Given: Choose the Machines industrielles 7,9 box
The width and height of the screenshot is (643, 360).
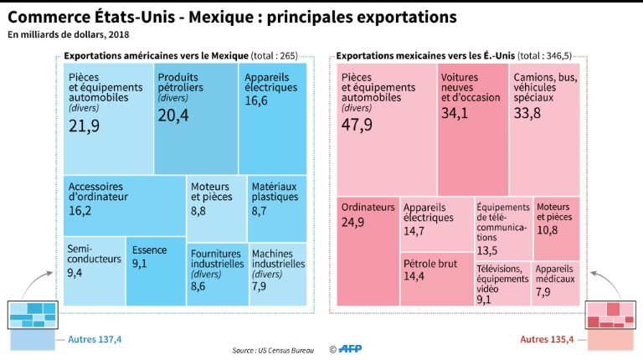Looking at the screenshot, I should pos(277,274).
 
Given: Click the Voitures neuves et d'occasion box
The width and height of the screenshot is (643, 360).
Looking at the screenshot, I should pos(472,126).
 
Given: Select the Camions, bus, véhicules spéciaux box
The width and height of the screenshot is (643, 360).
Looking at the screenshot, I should pos(544,126).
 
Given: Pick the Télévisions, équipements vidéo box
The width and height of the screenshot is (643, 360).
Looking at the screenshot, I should pos(502,284).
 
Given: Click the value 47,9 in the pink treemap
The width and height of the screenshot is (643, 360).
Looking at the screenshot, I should pos(358,125).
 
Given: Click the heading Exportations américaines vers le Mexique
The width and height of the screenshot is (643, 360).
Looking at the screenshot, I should pos(157,56).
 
